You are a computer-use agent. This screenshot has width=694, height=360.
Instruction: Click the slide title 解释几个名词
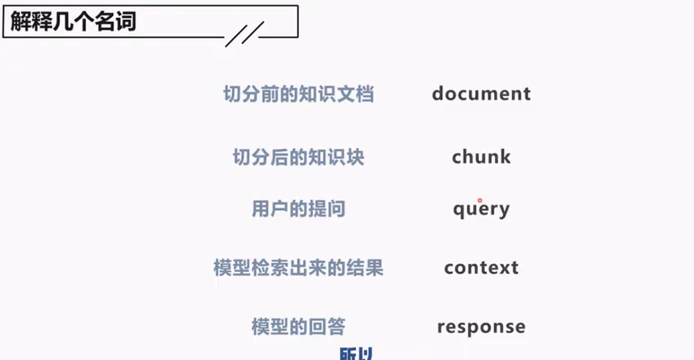(x=73, y=22)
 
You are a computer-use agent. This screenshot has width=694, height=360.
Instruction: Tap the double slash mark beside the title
(x=244, y=34)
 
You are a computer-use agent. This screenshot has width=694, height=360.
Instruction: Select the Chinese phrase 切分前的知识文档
(x=298, y=94)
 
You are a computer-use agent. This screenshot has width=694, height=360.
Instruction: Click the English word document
(x=481, y=94)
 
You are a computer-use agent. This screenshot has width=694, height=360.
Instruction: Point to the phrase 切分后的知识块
(x=298, y=157)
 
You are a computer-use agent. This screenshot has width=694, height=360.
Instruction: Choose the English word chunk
(x=481, y=157)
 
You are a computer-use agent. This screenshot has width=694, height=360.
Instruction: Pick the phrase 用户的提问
(x=298, y=210)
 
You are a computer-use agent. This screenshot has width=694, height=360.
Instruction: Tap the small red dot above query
(x=479, y=200)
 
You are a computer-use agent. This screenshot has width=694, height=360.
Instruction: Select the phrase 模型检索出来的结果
(x=298, y=267)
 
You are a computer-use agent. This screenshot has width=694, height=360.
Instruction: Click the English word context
(x=481, y=267)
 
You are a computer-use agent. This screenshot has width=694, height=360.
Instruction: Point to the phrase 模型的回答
(x=298, y=327)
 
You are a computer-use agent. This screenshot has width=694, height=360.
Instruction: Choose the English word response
(x=481, y=327)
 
